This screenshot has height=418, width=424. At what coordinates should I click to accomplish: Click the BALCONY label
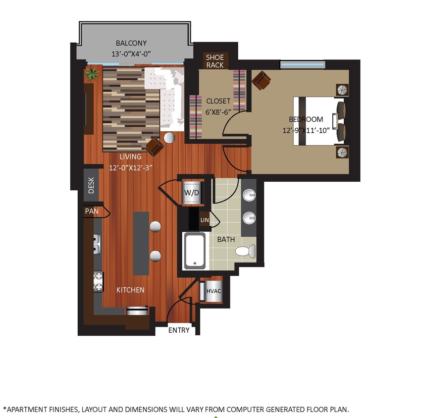coord(131,43)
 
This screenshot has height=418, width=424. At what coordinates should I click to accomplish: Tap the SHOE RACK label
coord(214,61)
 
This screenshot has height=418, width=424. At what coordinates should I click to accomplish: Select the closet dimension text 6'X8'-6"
coord(218,111)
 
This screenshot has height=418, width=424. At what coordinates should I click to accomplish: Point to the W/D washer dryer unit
coord(192,192)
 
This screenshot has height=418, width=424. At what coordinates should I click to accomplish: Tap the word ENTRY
coord(179,330)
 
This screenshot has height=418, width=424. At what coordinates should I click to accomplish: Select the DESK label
coord(91,186)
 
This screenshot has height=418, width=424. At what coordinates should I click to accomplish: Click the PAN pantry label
coord(92,211)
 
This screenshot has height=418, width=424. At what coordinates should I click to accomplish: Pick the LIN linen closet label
coord(205,219)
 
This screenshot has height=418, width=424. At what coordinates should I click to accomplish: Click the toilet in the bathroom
coord(244,251)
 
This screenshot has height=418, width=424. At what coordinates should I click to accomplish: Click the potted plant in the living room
coord(92,74)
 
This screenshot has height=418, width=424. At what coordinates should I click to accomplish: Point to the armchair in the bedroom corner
coord(261,80)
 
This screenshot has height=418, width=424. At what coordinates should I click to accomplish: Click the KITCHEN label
coord(130,290)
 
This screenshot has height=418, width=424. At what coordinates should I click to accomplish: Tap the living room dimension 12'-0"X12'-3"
coord(130,167)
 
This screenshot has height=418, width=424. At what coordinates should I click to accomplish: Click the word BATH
coord(226,239)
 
